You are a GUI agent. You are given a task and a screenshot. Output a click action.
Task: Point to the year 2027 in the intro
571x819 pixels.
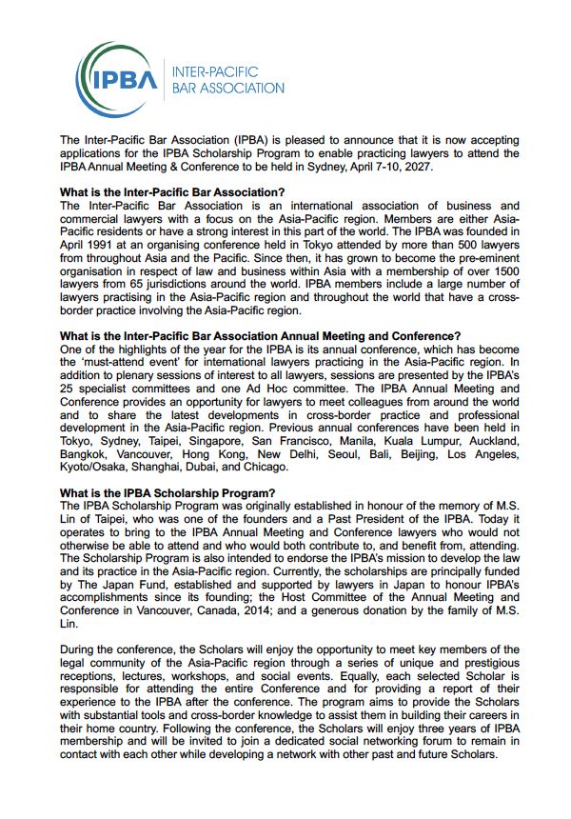click(x=420, y=168)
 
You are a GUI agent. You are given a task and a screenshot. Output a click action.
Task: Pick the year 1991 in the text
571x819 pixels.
click(x=109, y=244)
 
